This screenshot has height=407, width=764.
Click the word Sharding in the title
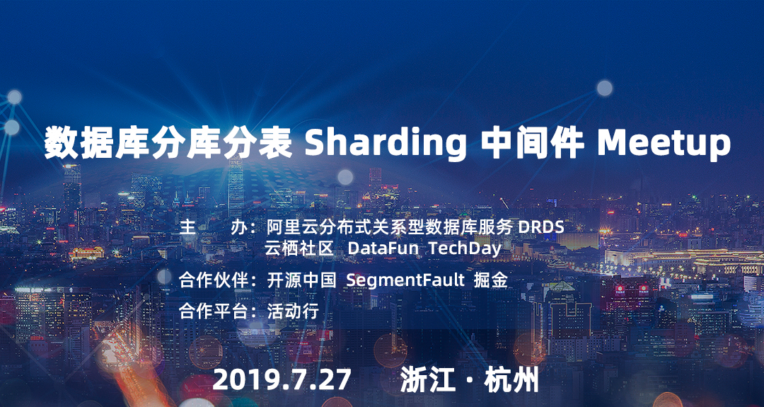click(385, 144)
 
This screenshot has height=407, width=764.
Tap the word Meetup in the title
click(664, 144)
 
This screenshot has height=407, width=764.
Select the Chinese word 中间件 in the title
click(532, 143)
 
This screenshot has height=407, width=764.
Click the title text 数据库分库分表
click(168, 143)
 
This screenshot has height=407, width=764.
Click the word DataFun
click(383, 248)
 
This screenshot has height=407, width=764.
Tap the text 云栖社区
click(299, 248)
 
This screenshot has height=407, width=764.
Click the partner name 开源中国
click(301, 280)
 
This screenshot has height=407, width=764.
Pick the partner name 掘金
click(491, 280)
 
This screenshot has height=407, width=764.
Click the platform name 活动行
click(293, 311)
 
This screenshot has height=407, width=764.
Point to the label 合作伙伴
click(214, 280)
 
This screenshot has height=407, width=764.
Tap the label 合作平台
click(214, 311)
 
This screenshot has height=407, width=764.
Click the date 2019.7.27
click(282, 380)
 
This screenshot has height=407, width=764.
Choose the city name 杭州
click(511, 380)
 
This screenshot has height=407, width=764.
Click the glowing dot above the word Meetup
click(605, 88)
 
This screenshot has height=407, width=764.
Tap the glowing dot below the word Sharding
click(345, 177)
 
